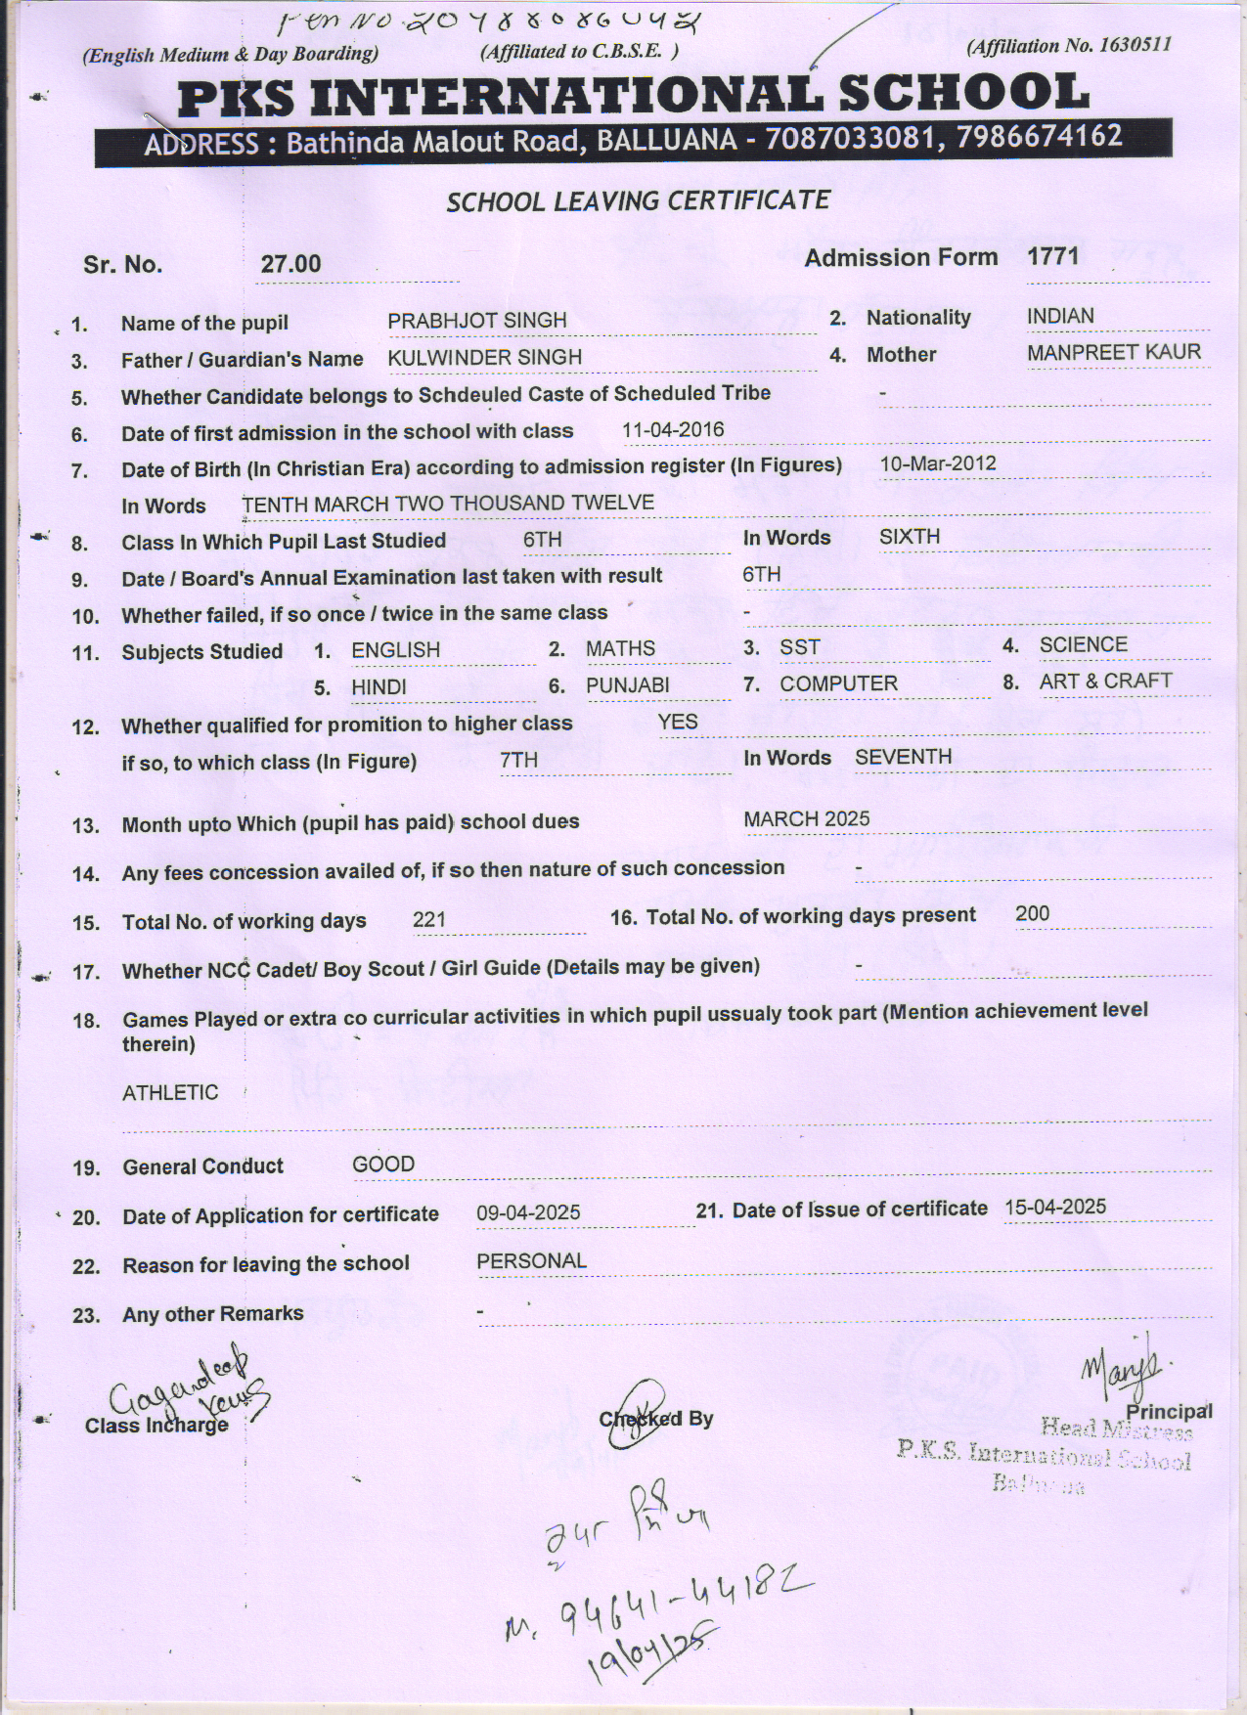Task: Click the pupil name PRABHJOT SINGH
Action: pyautogui.click(x=476, y=321)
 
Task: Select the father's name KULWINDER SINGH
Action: pyautogui.click(x=484, y=358)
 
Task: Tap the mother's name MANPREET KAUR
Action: pyautogui.click(x=1113, y=353)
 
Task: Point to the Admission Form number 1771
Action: pyautogui.click(x=1052, y=257)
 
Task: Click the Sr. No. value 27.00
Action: pyautogui.click(x=290, y=264)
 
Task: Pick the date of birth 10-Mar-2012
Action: pyautogui.click(x=937, y=463)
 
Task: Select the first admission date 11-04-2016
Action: pyautogui.click(x=673, y=429)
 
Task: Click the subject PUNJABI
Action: pyautogui.click(x=627, y=685)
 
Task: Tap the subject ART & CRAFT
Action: pyautogui.click(x=1105, y=682)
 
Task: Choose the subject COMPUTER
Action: pyautogui.click(x=838, y=683)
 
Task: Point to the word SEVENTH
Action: pyautogui.click(x=903, y=757)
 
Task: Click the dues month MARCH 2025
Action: pyautogui.click(x=806, y=819)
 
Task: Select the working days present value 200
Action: pyautogui.click(x=1032, y=913)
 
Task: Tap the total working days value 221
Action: pyautogui.click(x=429, y=919)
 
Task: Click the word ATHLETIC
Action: pyautogui.click(x=170, y=1092)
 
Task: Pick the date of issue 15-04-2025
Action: pyautogui.click(x=1055, y=1207)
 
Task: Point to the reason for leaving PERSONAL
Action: pyautogui.click(x=531, y=1261)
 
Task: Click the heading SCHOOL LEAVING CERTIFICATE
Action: pyautogui.click(x=638, y=201)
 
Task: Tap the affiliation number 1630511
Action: pyautogui.click(x=1135, y=45)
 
